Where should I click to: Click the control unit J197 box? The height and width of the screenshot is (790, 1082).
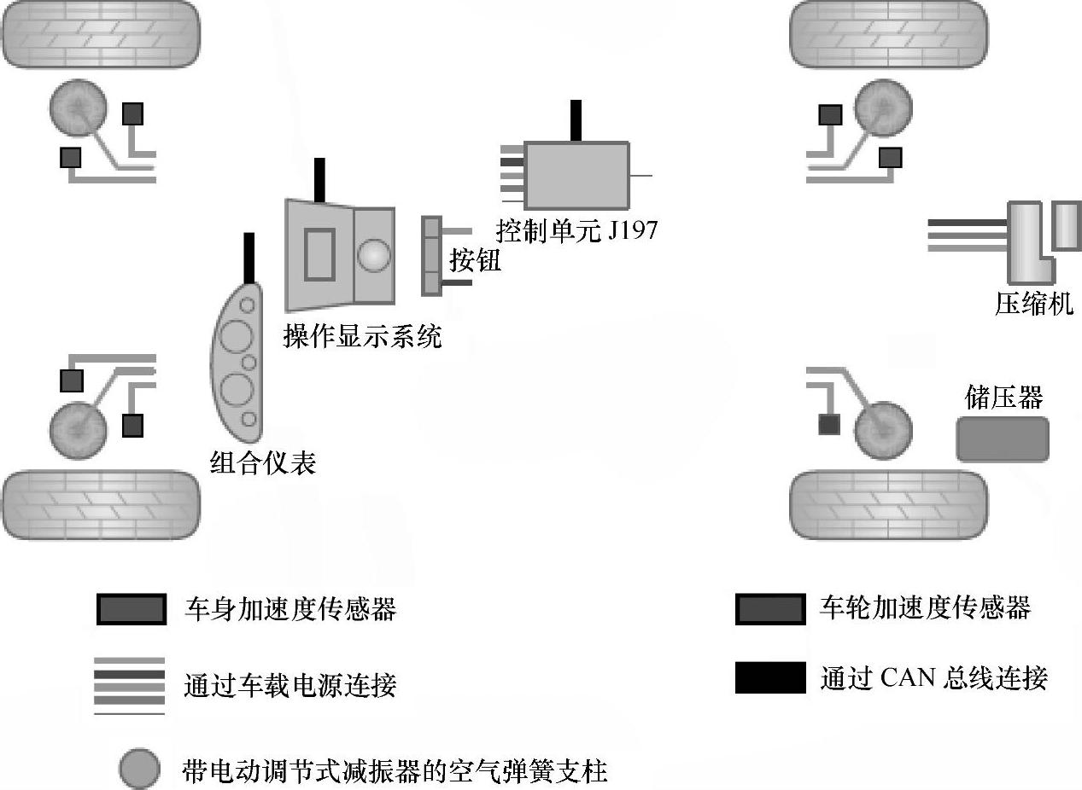tap(576, 175)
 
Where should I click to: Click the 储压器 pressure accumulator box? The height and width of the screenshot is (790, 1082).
tap(1002, 439)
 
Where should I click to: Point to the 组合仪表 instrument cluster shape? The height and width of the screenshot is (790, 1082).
tap(236, 363)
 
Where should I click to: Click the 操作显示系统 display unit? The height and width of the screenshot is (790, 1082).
tap(340, 256)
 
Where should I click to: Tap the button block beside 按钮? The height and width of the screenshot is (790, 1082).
tap(432, 255)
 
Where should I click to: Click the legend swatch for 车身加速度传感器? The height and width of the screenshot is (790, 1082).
tap(131, 609)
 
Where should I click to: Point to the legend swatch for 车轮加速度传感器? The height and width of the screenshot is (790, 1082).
tap(769, 609)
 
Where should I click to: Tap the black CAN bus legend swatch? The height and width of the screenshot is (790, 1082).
tap(769, 677)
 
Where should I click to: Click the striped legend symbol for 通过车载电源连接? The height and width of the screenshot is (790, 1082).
tap(129, 686)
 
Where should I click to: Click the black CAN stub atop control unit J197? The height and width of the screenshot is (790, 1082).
tap(576, 120)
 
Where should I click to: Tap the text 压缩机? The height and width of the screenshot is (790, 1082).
tap(1033, 304)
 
